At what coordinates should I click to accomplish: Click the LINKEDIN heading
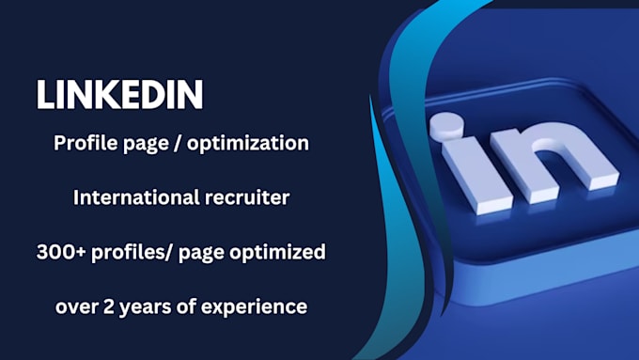click(120, 94)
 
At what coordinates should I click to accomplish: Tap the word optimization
click(248, 144)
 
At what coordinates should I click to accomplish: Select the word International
click(136, 197)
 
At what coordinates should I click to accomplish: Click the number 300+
click(61, 252)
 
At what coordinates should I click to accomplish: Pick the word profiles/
click(133, 253)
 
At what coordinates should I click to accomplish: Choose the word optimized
click(277, 253)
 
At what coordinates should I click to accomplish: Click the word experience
click(255, 307)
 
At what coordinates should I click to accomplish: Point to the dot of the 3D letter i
click(446, 124)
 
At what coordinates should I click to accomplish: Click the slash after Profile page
click(178, 144)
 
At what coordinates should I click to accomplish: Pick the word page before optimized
click(201, 254)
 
